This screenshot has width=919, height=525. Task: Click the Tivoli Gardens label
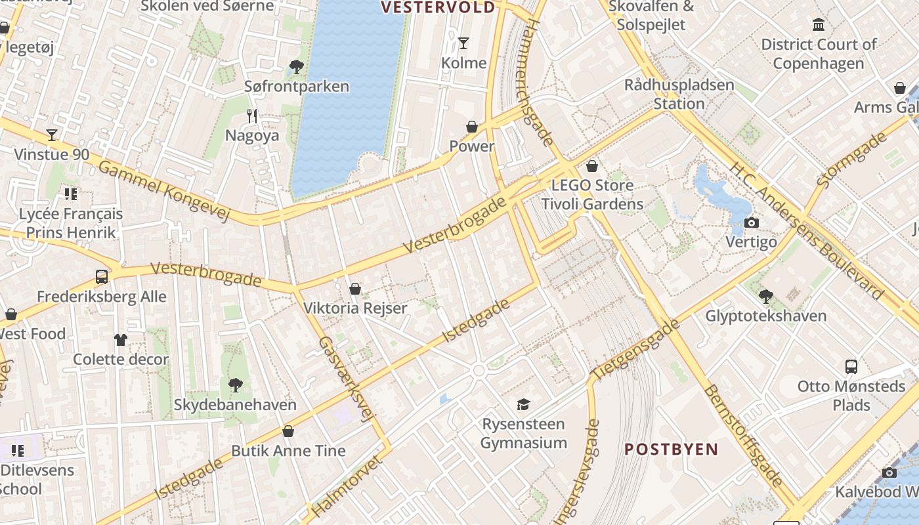[x=592, y=204]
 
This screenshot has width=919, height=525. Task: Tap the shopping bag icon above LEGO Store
[x=592, y=166]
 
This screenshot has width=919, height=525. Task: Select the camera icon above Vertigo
[x=752, y=223]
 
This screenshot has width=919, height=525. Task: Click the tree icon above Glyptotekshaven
[x=765, y=297]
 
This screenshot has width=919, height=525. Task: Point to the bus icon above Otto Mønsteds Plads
[x=851, y=367]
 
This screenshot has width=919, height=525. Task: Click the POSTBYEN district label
[x=671, y=450]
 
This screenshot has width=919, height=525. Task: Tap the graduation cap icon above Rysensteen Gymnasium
[x=523, y=404]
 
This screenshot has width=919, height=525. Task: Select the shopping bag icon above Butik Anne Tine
[x=288, y=431]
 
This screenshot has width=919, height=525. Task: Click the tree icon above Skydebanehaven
[x=235, y=385]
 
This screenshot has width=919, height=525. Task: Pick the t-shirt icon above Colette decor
[x=121, y=339]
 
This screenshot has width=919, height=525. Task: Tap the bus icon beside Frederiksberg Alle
[x=102, y=277]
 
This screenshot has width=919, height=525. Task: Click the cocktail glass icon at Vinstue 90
[x=52, y=135]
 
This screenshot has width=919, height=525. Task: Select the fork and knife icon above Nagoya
[x=252, y=116]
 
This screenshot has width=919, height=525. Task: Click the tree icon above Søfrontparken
[x=296, y=66]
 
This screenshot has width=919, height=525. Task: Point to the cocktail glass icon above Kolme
[x=463, y=43]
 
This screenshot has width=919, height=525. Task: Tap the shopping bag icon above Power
[x=472, y=127]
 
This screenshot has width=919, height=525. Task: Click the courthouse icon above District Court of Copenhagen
[x=819, y=25]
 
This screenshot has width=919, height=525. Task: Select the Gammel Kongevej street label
[x=163, y=191]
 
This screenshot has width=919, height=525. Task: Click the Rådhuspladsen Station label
[x=679, y=94]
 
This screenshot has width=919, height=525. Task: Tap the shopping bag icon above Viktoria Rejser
[x=355, y=289]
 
